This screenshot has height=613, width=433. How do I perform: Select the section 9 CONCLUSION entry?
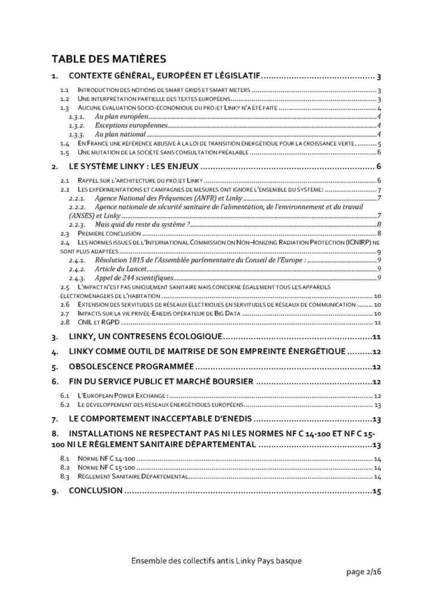96,491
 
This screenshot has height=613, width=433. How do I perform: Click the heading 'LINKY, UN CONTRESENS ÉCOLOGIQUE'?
146,337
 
